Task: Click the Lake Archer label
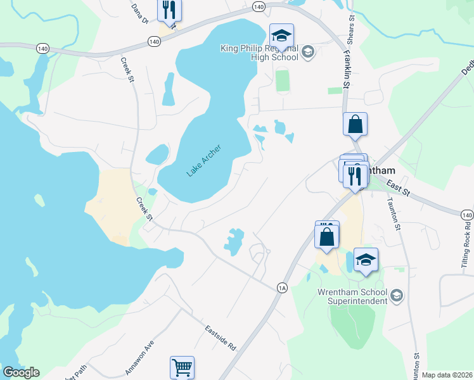point(203,160)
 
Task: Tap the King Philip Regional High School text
point(259,52)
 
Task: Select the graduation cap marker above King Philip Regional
point(281,34)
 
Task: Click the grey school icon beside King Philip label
point(309,52)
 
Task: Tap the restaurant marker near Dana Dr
point(169,9)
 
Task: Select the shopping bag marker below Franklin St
point(355,124)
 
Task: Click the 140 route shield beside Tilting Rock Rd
point(468,216)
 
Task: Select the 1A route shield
point(283,288)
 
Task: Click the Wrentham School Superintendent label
point(352,296)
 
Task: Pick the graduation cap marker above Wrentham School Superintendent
point(365,260)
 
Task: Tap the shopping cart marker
point(182,367)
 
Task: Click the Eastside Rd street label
point(220,338)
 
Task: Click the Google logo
point(21,372)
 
